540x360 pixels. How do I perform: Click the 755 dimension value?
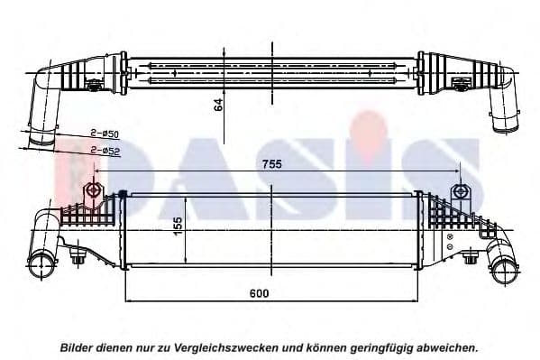click(x=273, y=164)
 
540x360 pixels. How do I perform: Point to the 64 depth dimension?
click(x=217, y=105)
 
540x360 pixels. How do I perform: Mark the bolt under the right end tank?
click(x=469, y=261)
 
